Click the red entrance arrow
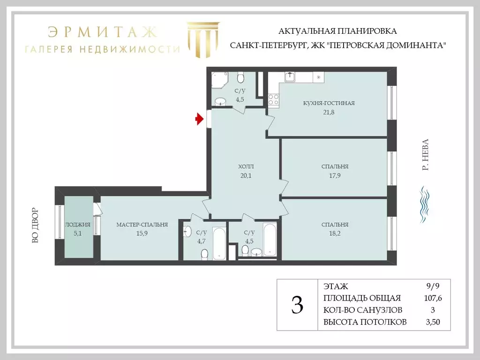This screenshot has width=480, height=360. (199, 120)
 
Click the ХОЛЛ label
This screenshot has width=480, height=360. (246, 166)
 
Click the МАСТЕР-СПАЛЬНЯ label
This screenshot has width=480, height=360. (142, 225)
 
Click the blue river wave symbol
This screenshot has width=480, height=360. (425, 204)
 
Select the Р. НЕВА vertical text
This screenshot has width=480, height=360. (426, 154)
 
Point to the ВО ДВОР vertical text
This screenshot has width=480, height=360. (35, 225)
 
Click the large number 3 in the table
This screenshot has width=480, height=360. (297, 305)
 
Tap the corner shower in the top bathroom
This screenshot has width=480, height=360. (219, 80)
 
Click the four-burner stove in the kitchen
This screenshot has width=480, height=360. (273, 99)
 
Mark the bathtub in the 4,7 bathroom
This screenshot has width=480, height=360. (220, 243)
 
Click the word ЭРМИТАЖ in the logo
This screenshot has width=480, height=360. (101, 32)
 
